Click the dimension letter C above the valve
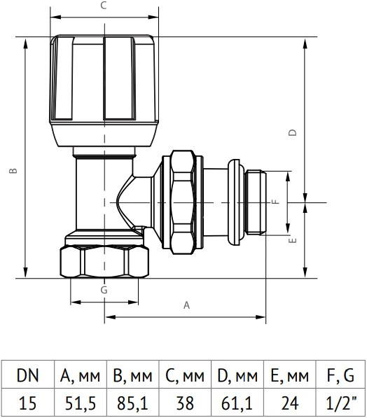104,6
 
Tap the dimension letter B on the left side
13,171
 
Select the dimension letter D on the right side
293,132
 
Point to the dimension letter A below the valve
187,305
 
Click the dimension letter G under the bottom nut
104,290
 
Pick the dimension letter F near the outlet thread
276,202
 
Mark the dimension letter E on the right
293,240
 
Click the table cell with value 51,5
81,403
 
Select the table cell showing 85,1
132,403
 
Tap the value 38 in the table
185,403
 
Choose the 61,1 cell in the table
237,403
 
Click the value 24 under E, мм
290,403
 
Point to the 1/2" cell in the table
340,403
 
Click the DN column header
28,375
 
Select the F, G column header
340,375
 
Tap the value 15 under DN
28,403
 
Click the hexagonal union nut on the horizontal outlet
183,202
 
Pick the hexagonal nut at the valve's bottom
104,262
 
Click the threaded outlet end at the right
256,202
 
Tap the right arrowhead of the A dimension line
261,317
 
